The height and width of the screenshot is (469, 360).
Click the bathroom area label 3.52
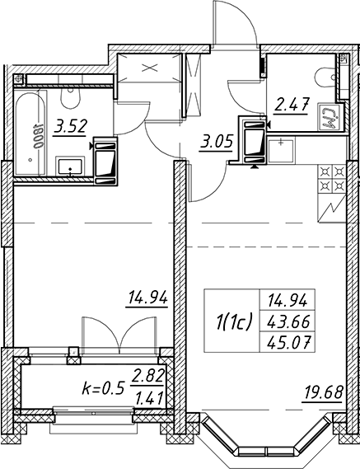click(70, 126)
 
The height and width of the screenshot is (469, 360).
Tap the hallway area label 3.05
click(217, 143)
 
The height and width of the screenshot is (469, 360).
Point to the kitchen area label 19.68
click(323, 392)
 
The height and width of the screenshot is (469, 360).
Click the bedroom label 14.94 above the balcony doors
click(147, 298)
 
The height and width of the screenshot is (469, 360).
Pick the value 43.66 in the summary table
click(288, 321)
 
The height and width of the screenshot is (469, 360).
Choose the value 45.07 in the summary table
click(288, 343)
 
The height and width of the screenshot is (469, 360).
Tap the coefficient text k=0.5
click(102, 389)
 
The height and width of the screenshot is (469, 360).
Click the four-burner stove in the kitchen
click(332, 180)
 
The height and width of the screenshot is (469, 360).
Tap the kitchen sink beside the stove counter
click(280, 151)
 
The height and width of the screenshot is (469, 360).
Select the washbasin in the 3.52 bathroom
click(70, 166)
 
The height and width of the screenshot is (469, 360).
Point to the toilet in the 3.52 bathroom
click(71, 97)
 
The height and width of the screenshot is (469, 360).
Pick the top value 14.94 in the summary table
click(288, 300)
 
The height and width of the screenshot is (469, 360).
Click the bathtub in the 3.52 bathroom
click(30, 134)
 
